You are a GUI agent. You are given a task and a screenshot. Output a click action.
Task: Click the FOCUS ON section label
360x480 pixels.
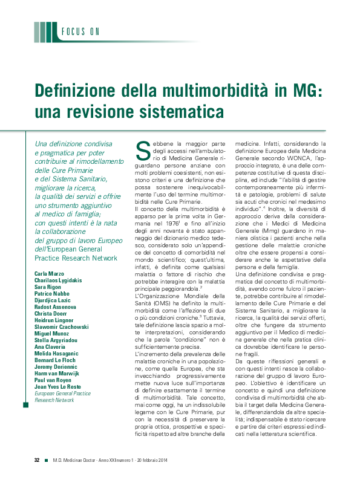(80, 32)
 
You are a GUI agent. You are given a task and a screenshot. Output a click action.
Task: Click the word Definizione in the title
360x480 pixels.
(74, 91)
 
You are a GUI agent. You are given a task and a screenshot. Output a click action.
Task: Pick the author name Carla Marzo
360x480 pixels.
(50, 274)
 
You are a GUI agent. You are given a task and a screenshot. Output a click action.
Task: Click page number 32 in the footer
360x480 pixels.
(36, 460)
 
